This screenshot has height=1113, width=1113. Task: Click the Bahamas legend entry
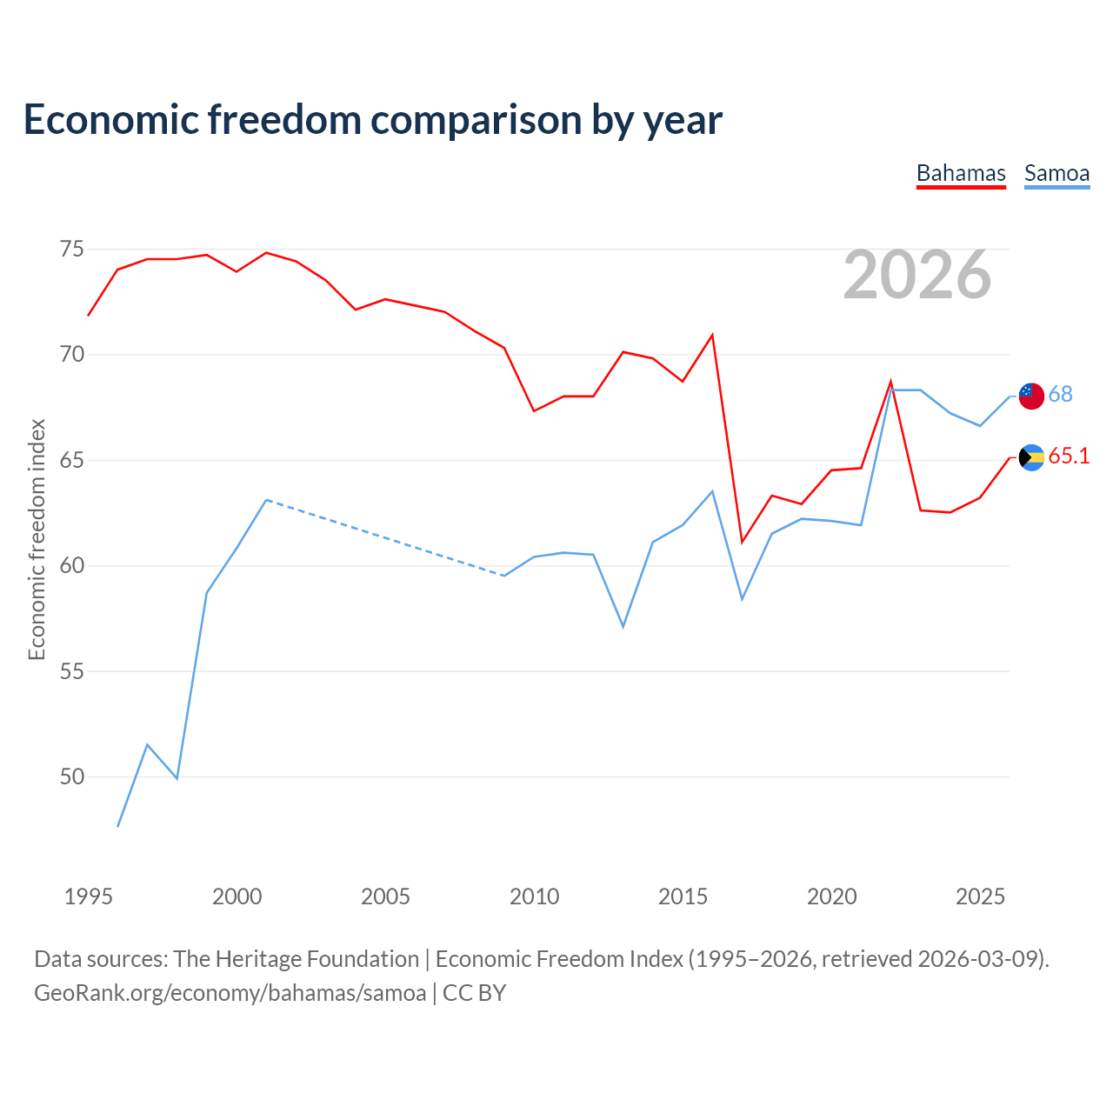click(x=961, y=173)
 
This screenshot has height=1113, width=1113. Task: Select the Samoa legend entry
click(x=1056, y=173)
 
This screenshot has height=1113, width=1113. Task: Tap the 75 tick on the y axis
click(x=72, y=250)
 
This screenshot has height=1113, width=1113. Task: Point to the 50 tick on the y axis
click(x=72, y=776)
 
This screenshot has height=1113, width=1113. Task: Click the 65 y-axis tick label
click(x=72, y=460)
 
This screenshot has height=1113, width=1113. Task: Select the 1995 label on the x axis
click(x=89, y=896)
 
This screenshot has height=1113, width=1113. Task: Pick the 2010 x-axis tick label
click(x=534, y=896)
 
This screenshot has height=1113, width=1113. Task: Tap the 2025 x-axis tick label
click(x=980, y=896)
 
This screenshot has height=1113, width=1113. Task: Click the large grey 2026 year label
click(x=917, y=275)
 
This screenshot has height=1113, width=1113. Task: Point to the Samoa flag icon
click(x=1031, y=396)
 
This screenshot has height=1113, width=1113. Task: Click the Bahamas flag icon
click(x=1031, y=457)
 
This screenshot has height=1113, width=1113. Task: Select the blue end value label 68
click(x=1061, y=395)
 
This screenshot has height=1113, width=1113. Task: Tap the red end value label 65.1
click(x=1069, y=457)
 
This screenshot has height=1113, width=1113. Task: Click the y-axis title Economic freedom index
click(x=37, y=539)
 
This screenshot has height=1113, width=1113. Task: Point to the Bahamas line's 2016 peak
click(x=712, y=336)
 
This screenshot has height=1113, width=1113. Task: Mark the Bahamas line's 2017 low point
click(x=742, y=542)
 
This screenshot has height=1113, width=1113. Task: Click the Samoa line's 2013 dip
click(x=623, y=626)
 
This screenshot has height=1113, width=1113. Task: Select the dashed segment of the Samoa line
click(x=385, y=538)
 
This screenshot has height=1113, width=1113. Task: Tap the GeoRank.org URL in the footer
click(x=230, y=993)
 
